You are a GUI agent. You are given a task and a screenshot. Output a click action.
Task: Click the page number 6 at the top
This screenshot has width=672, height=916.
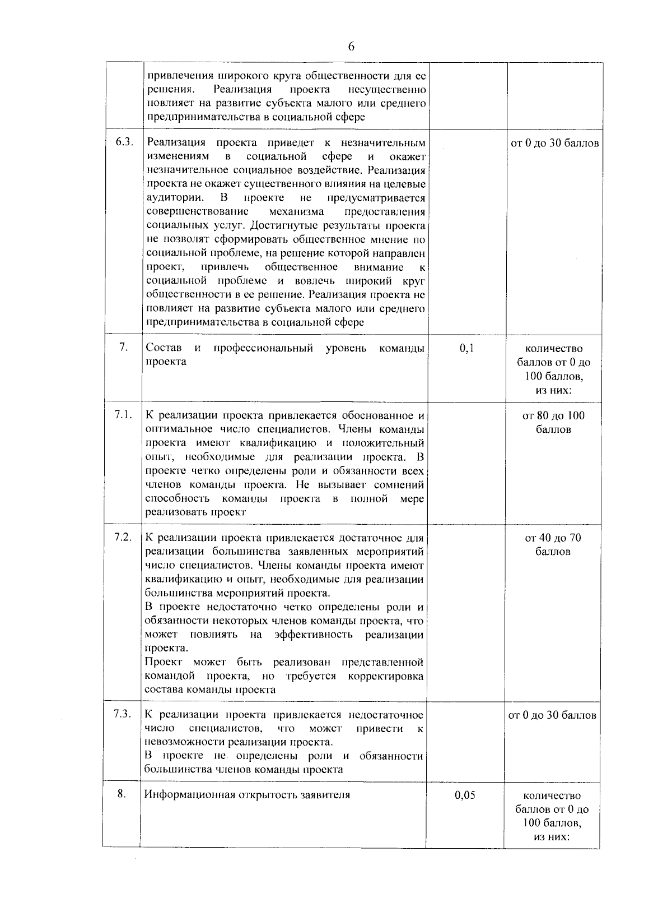[x=351, y=47]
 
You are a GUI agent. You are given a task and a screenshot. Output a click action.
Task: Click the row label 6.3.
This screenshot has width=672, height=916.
[x=124, y=142]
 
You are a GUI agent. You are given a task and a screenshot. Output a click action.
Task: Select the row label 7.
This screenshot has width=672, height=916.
[x=123, y=348]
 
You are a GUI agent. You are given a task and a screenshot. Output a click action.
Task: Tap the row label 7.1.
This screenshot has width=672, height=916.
[x=123, y=415]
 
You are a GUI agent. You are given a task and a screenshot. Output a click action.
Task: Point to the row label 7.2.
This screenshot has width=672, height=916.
[x=123, y=537]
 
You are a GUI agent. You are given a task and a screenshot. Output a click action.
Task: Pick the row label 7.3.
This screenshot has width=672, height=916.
[x=122, y=714]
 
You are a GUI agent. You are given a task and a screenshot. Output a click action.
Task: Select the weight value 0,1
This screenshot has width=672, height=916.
[x=466, y=348]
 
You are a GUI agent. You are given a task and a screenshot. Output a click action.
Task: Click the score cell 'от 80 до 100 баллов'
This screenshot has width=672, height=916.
[x=553, y=422]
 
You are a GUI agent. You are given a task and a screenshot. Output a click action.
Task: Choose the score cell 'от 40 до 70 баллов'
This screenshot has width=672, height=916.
[x=553, y=544]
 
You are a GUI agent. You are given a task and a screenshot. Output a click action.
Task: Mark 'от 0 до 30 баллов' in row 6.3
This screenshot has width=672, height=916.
[x=554, y=143]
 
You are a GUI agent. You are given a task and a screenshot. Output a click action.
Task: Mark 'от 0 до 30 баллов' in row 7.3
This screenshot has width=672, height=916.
[x=552, y=715]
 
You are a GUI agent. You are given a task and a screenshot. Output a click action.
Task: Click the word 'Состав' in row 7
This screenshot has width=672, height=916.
[x=164, y=348]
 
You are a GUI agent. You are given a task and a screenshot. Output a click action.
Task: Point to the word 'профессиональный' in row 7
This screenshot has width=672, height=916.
[x=263, y=348]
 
